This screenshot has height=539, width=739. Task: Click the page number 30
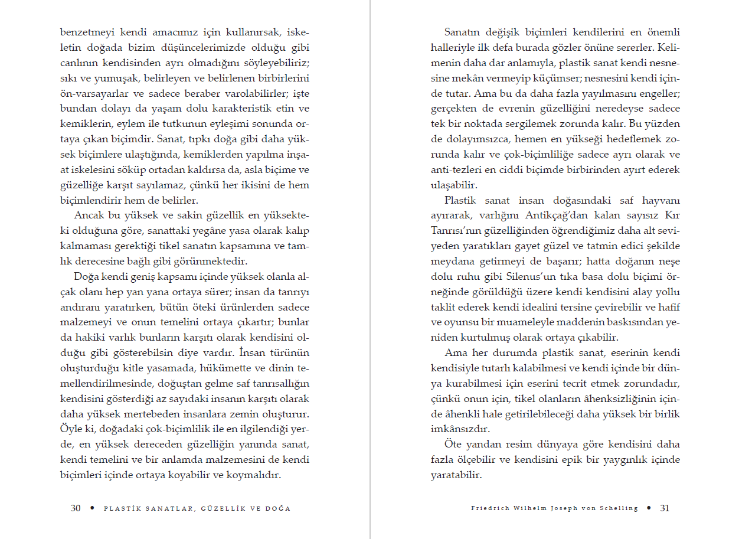click(76, 508)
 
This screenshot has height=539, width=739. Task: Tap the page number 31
click(665, 508)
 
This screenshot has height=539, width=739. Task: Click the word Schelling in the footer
click(617, 508)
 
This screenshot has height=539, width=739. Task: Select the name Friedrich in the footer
click(489, 508)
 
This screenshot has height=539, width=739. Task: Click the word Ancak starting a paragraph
click(89, 215)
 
